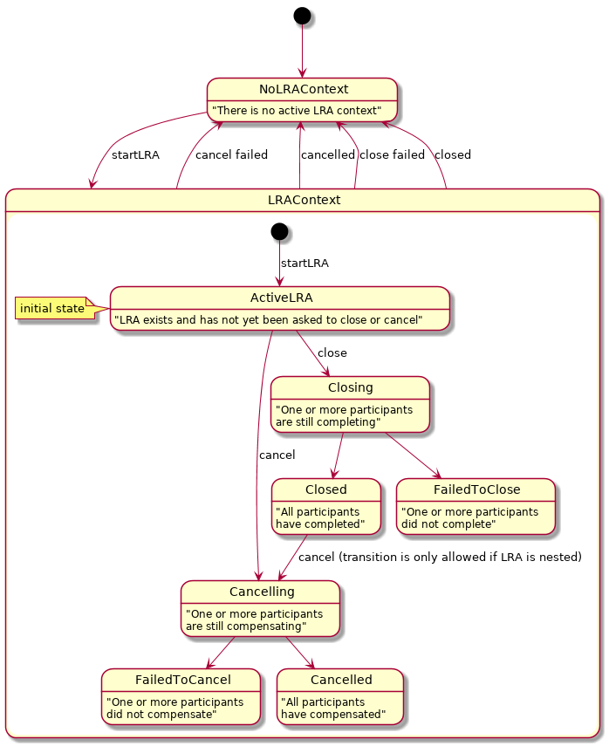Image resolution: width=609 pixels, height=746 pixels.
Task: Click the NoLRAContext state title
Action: point(303,90)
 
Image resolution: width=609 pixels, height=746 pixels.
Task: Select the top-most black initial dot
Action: point(302,15)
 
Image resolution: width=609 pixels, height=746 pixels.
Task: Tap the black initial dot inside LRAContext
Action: point(279,231)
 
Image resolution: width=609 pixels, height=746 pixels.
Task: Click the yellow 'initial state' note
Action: point(53,308)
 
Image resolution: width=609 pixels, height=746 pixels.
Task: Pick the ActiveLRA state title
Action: point(279,298)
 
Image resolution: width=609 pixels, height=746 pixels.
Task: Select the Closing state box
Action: point(350,405)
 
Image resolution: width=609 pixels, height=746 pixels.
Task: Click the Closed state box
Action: point(325,506)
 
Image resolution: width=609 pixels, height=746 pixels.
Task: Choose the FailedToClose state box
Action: point(476,506)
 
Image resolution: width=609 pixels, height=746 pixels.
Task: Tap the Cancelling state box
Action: point(260,608)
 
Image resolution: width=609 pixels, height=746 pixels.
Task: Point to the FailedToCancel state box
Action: point(181,696)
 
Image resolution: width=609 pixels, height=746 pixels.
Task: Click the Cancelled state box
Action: point(339,696)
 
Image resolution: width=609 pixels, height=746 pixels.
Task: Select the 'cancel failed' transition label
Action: point(231,155)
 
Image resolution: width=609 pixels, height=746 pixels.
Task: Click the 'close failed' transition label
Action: point(392,155)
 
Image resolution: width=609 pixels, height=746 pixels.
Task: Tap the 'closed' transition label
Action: point(452,155)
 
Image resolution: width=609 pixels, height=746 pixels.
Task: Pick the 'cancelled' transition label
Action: point(327,155)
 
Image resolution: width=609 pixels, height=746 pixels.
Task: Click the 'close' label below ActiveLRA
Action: point(332,353)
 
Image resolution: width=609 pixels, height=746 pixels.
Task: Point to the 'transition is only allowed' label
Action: point(440,557)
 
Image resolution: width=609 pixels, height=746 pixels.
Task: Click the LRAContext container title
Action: point(303,200)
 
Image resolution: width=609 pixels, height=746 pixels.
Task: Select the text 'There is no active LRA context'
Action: point(297,111)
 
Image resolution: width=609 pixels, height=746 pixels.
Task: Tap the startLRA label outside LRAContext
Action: point(135,155)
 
